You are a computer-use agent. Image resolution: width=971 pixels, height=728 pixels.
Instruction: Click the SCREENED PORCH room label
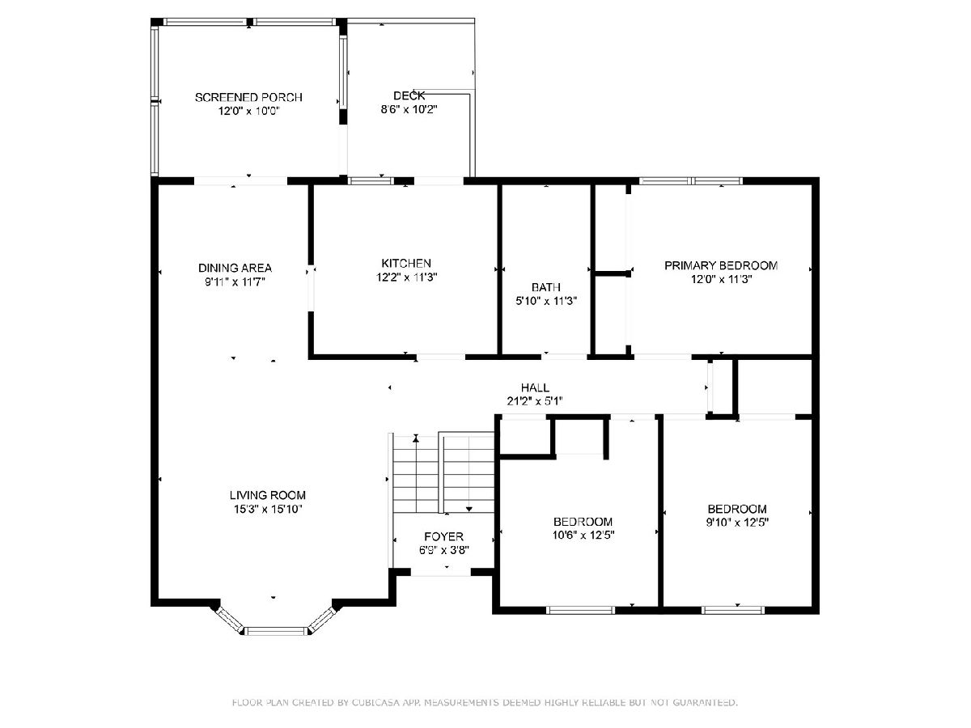coord(248,97)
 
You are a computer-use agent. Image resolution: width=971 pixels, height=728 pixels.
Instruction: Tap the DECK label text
coord(409,95)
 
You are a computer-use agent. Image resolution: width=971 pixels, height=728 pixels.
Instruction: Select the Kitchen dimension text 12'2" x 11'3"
coord(406,277)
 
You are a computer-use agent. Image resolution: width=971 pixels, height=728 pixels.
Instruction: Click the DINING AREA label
coord(235,268)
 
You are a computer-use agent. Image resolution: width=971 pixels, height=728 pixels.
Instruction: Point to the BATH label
coord(546,287)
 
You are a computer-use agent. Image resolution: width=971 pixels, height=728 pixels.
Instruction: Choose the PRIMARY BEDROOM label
coord(721,265)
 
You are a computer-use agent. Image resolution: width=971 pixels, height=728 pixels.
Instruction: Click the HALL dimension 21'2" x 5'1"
coord(535,401)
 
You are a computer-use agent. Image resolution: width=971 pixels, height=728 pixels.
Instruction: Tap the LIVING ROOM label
coord(268,495)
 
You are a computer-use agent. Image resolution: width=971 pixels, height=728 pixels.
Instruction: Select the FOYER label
coord(443,536)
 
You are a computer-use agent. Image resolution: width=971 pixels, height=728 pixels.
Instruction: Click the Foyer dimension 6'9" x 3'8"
coord(443,550)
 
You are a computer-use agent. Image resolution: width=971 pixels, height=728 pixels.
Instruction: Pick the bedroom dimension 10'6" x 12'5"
coord(583,535)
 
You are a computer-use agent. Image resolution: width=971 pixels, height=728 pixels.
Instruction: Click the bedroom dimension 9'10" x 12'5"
coord(737,523)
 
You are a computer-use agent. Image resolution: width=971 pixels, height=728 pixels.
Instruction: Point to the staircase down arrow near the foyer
coord(469,510)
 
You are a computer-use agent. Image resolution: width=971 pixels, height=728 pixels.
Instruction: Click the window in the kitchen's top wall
coord(371,180)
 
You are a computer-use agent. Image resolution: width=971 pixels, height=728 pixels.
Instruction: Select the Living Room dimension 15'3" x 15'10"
coord(268,510)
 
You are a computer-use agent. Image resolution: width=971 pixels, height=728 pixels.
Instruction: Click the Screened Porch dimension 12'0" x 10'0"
coord(248,111)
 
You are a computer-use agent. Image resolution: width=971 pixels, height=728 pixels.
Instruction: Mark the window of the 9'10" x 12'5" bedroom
coord(733,611)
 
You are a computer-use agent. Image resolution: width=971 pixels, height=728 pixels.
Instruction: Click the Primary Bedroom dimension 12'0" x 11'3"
coord(721,279)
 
